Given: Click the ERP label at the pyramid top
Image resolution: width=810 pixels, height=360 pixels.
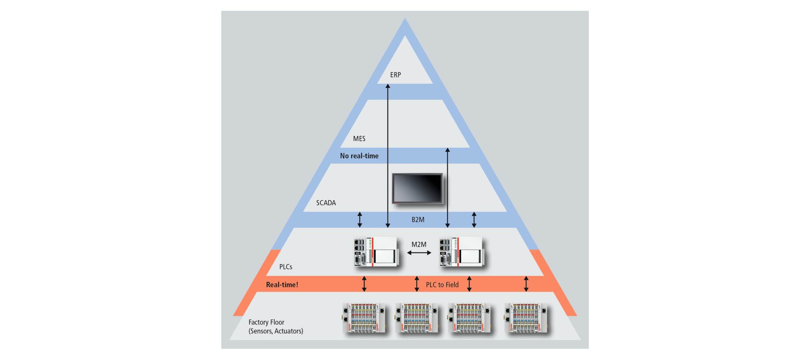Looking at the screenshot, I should point(395,75).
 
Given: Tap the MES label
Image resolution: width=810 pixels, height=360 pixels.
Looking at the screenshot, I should point(359,138).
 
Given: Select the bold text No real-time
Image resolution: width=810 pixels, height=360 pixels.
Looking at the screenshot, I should point(359,156).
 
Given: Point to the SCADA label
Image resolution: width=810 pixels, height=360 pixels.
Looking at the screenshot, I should point(326,203).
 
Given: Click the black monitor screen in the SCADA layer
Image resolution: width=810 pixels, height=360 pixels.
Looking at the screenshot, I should point(417,188).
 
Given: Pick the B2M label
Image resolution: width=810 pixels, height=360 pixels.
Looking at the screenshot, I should point(418,219).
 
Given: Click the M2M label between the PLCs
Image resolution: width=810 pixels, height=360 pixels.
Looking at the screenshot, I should point(419,245).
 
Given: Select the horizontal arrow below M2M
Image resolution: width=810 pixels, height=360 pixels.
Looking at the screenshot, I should point(419,253).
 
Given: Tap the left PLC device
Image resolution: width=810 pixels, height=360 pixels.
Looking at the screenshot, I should point(376,251).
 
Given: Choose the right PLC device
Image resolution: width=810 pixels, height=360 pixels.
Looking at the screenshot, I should point(462,251).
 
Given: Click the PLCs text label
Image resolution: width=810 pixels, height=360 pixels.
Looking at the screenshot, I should point(286,267).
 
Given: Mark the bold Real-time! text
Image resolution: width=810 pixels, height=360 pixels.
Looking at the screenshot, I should point(282,285).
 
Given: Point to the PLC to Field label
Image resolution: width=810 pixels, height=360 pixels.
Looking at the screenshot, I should point(442,285).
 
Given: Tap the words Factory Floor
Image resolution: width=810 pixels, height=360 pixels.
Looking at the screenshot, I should point(266,322).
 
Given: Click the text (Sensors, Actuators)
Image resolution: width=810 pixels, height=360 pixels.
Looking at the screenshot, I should point(276,331).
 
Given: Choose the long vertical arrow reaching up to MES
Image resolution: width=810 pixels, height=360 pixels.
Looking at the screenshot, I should point(448,187).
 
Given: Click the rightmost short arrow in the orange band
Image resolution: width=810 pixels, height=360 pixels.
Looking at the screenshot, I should point(526,284).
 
